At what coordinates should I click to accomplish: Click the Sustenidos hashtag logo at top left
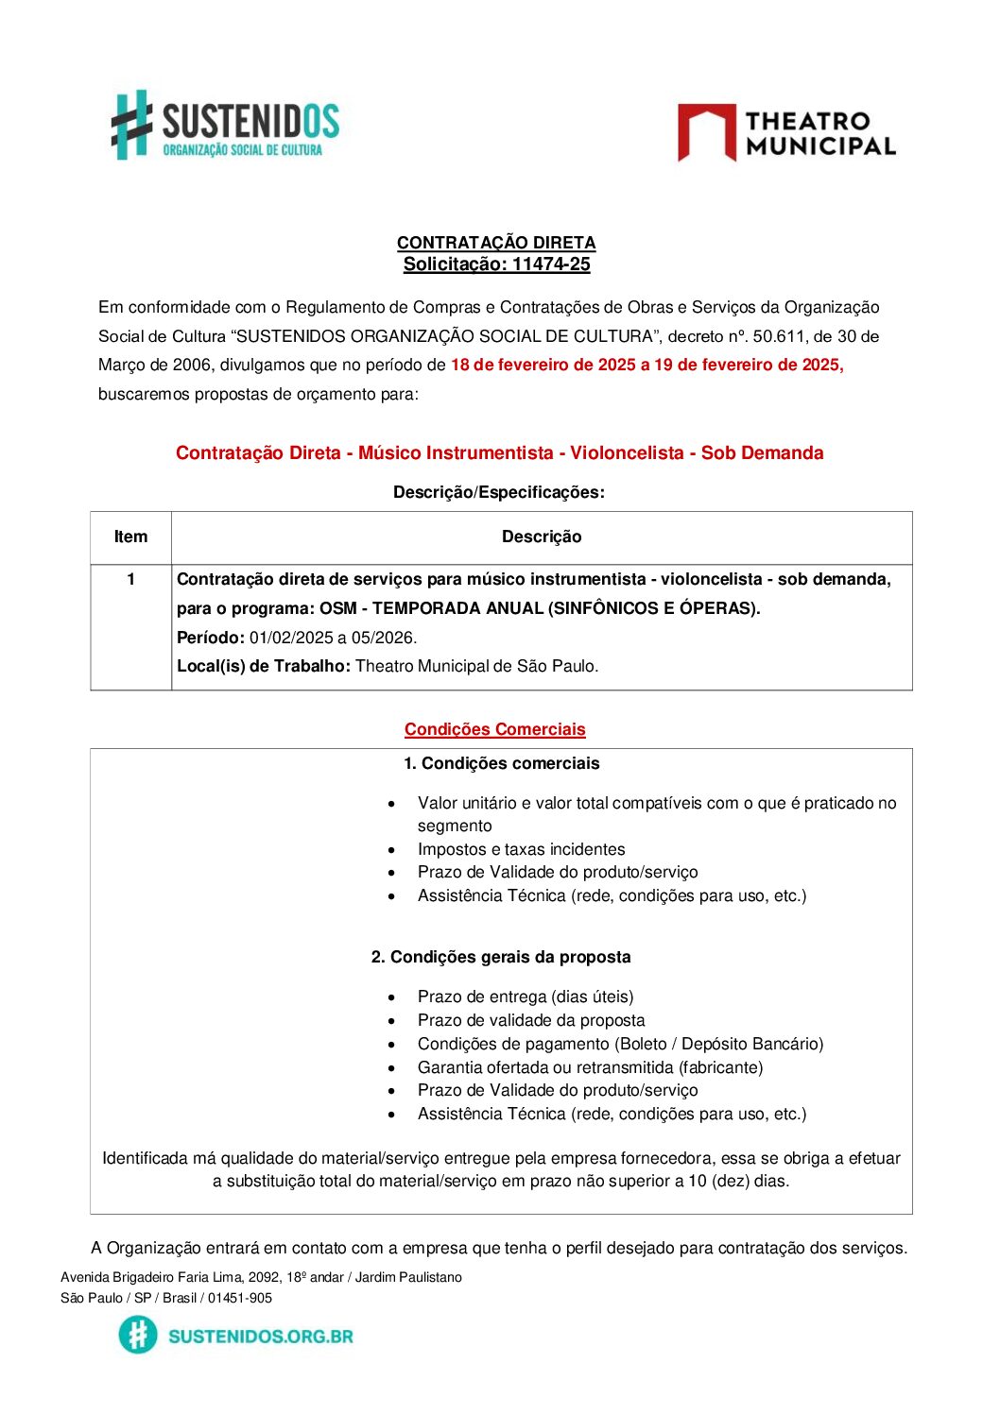pos(131,125)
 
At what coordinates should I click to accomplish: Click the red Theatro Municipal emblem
pos(706,131)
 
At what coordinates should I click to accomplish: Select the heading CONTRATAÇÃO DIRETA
pos(496,243)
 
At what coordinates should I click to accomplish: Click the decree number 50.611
pos(778,336)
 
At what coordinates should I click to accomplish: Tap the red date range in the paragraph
pos(647,366)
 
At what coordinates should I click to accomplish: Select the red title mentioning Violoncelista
pos(499,453)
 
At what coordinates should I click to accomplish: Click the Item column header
pos(130,537)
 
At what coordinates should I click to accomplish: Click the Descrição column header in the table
pos(542,537)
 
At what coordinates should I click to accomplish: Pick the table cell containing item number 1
pos(130,580)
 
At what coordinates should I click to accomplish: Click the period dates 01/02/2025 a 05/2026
pos(333,638)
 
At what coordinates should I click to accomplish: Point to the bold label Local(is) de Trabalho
pos(263,667)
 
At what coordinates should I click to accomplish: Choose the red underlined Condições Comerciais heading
pos(494,729)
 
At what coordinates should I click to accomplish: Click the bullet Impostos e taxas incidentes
pos(521,849)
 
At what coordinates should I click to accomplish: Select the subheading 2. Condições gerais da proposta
pos(501,957)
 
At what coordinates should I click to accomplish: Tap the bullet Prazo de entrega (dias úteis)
pos(526,997)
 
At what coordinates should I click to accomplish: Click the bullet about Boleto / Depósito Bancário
pos(620,1044)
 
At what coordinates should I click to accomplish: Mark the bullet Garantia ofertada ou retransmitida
pos(590,1067)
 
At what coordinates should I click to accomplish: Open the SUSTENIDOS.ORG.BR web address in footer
pos(260,1336)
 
